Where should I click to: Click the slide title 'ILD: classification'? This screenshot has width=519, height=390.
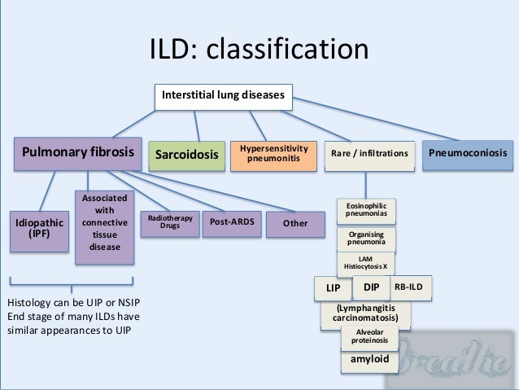point(259,50)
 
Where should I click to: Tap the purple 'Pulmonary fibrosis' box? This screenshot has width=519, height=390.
point(77,153)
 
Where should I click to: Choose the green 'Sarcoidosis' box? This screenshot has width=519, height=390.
point(188,155)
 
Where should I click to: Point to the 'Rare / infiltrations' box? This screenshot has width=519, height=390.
point(370,154)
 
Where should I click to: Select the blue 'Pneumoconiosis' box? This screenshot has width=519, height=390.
point(468,153)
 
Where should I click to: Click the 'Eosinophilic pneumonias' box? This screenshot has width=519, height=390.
point(367,209)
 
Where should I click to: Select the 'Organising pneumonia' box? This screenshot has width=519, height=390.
point(367,238)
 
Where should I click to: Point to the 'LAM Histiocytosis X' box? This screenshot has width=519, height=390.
point(367,263)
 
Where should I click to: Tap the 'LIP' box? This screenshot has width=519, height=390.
point(333,288)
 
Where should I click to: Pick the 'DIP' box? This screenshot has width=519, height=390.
point(372,287)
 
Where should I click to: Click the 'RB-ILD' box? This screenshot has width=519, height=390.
point(411,287)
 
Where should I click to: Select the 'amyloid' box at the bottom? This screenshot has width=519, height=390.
point(369,359)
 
